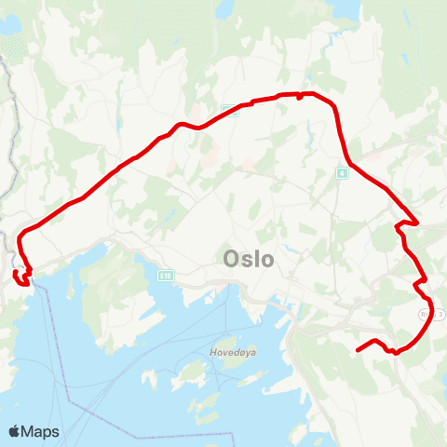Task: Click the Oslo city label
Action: [249, 259]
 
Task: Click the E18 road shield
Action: [166, 276]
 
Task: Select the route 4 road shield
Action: [343, 173]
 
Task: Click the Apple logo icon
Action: [15, 431]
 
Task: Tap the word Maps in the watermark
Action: [41, 431]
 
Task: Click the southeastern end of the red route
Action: [358, 350]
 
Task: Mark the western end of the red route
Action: [15, 273]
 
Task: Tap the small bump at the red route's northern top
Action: [298, 95]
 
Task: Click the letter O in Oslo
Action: [232, 259]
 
